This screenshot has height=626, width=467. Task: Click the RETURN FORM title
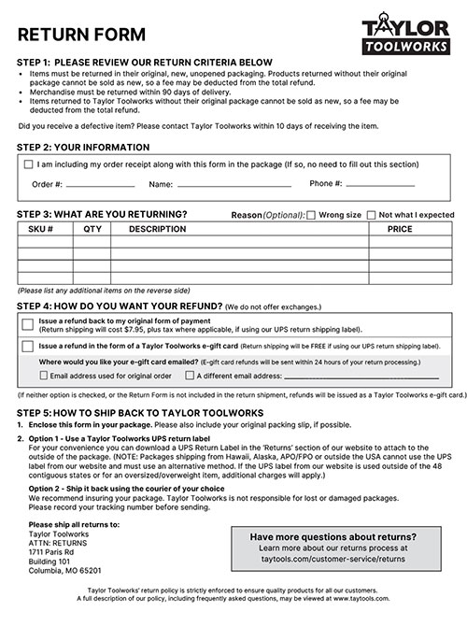coord(81,35)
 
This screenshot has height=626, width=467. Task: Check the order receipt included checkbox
coord(28,164)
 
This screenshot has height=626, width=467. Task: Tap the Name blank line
coord(233,186)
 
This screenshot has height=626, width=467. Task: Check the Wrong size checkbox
coord(311,215)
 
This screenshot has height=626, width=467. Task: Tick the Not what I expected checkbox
coord(371,215)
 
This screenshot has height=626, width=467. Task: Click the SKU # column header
coord(41,228)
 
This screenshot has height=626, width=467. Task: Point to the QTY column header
coord(92,228)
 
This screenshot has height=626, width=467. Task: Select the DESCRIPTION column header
coord(158,228)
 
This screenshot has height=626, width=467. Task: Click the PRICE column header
coord(400,228)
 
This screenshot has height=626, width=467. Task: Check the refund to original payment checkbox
coord(28,324)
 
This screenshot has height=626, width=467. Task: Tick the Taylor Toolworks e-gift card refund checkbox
coord(28,346)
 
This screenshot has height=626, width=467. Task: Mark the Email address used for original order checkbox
coord(43,376)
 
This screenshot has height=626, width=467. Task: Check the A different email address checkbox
coord(190,376)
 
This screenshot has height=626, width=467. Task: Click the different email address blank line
coord(360,377)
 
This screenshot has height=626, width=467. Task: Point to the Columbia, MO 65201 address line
coord(64,569)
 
